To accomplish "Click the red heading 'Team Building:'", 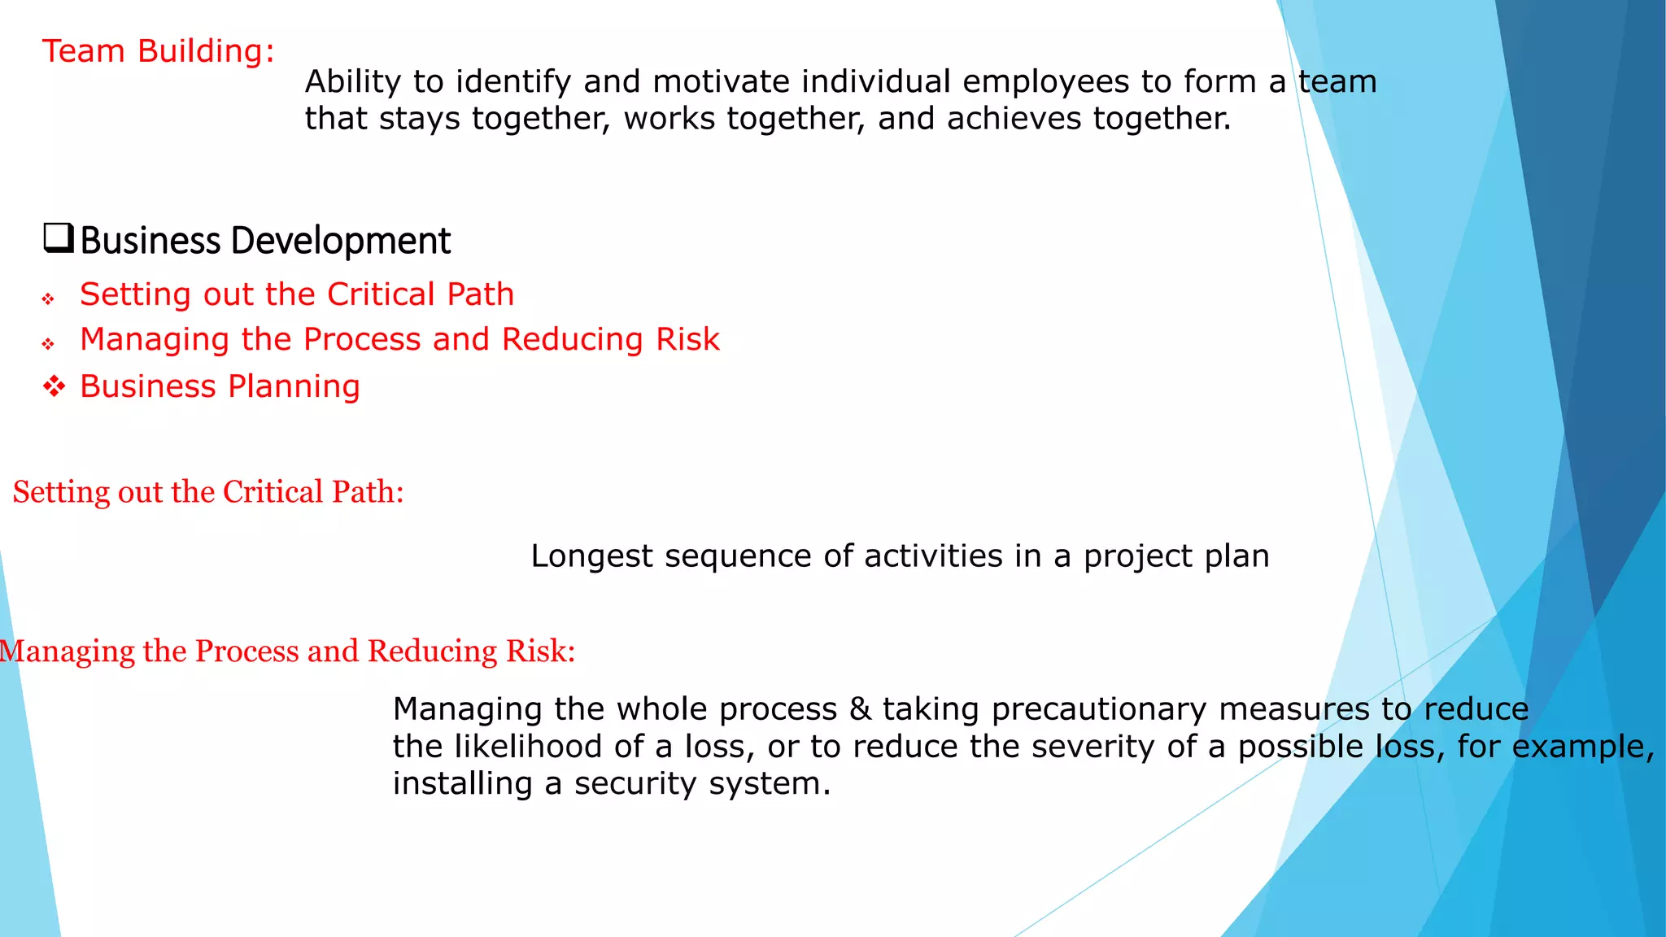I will [159, 51].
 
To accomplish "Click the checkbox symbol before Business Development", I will [59, 238].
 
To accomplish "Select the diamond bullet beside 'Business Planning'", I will [54, 386].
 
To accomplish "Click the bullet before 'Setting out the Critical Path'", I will [49, 299].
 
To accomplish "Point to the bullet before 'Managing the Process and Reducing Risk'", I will [49, 344].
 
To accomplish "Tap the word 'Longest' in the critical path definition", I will [591, 556].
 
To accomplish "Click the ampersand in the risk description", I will [860, 709].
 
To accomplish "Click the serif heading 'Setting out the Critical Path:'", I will [208, 492].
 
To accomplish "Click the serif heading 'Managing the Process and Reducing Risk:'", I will [288, 652].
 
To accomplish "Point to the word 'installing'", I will [462, 784].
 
